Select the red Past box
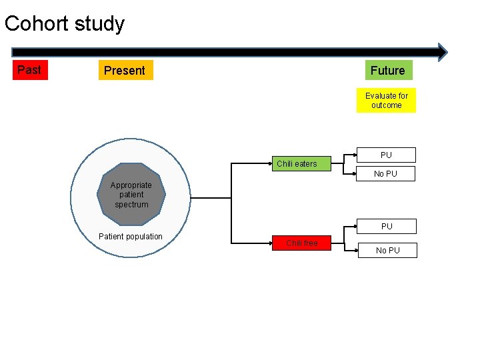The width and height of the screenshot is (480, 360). tap(29, 70)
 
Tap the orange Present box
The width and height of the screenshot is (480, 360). tap(125, 71)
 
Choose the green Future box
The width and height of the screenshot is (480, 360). tap(387, 70)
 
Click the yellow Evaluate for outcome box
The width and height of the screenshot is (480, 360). tap(386, 101)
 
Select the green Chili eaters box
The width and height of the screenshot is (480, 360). tap(297, 163)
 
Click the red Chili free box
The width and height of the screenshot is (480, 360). tap(301, 243)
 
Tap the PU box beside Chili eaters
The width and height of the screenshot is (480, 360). tap(386, 155)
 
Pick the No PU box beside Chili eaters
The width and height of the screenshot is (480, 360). tap(385, 174)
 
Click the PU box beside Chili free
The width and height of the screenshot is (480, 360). tap(387, 226)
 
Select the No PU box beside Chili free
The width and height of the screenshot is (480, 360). tap(387, 250)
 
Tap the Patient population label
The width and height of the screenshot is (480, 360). tap(130, 236)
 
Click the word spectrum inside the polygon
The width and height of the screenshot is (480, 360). tap(131, 205)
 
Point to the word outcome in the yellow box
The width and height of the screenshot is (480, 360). tap(387, 105)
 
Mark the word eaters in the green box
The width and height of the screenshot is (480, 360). tap(306, 163)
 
